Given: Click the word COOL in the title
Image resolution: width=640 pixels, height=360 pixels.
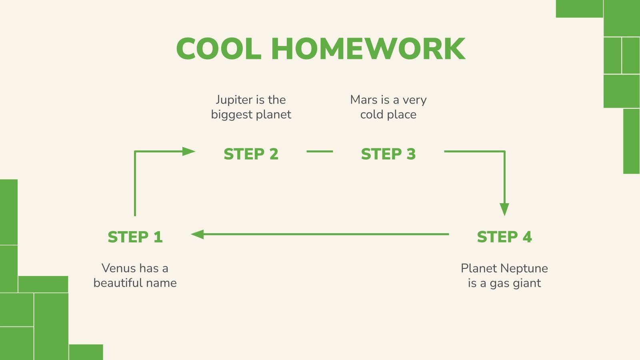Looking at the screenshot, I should click(x=218, y=49).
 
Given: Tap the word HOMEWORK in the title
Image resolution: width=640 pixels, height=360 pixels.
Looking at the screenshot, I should click(x=368, y=49).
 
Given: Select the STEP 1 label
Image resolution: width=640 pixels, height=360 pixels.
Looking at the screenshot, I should click(x=135, y=237).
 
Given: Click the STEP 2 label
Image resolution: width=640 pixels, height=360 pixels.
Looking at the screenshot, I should click(x=251, y=154).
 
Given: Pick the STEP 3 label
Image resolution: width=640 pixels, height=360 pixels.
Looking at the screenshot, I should click(x=388, y=154).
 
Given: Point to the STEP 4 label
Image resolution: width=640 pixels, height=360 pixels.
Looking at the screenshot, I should click(x=504, y=237).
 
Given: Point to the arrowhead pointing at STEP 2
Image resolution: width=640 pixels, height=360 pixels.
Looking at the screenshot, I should click(x=188, y=152).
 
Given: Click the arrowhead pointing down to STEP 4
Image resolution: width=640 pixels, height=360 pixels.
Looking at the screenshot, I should click(x=504, y=209).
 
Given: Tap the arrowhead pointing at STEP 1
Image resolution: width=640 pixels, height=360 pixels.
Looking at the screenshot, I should click(x=198, y=234).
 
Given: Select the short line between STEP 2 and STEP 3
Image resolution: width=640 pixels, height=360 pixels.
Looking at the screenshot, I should click(x=320, y=152).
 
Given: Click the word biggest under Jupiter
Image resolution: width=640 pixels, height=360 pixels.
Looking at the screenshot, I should click(x=232, y=115).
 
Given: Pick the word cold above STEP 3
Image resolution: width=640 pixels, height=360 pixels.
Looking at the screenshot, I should click(x=372, y=115).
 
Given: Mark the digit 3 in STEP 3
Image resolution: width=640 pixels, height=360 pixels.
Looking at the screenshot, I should click(x=411, y=154).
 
